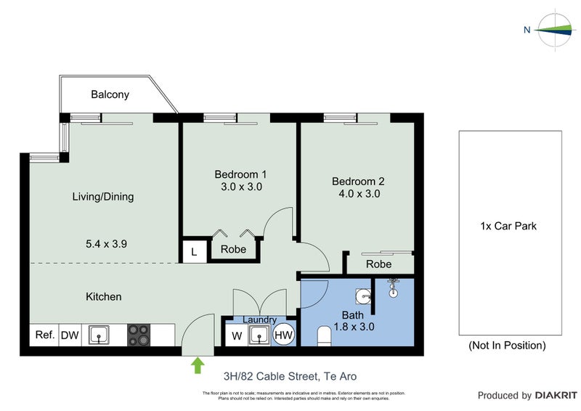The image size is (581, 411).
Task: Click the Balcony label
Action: (x=110, y=94)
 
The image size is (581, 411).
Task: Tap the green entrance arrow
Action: (x=197, y=365)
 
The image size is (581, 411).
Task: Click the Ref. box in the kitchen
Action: (x=44, y=335)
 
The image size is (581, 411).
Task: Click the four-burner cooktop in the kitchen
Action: (x=139, y=335)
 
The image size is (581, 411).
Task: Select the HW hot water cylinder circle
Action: (x=284, y=336)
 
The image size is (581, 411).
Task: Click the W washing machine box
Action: (x=236, y=336)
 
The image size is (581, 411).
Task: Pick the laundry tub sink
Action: (x=259, y=335)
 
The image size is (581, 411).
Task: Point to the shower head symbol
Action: (x=394, y=288)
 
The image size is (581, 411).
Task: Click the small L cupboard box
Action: (x=193, y=251)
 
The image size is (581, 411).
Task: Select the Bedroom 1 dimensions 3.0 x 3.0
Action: (x=240, y=187)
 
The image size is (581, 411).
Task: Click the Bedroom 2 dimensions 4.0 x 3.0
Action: (x=358, y=194)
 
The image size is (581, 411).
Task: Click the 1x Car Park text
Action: (x=508, y=226)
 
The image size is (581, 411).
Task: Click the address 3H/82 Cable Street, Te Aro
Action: (x=290, y=376)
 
